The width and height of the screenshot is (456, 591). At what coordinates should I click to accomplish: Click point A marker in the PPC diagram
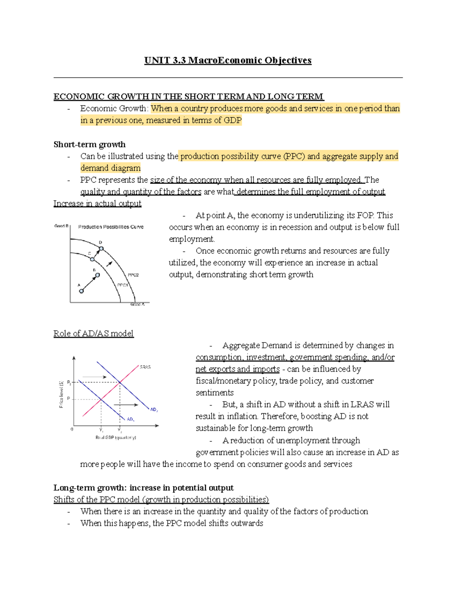point(81,291)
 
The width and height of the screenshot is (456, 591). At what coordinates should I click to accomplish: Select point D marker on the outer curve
point(101,249)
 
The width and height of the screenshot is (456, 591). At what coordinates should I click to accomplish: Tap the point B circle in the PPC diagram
point(98,275)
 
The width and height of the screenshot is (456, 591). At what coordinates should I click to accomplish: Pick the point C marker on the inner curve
point(92,259)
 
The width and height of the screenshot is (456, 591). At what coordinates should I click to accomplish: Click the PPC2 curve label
point(133,275)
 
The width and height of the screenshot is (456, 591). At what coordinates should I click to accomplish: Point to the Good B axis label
point(61,226)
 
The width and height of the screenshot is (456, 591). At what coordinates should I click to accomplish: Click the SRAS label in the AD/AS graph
point(145,367)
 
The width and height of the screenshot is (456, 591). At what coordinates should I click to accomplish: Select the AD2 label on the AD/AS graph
point(154,410)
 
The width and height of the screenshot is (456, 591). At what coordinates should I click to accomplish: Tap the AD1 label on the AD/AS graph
point(130,419)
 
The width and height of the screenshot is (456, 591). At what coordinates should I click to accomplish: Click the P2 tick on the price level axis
point(69,382)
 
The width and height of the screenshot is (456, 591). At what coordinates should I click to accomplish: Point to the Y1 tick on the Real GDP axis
point(101,430)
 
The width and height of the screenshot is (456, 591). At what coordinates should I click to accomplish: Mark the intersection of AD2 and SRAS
point(120,382)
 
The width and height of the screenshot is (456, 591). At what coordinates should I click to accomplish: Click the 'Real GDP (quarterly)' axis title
point(116,438)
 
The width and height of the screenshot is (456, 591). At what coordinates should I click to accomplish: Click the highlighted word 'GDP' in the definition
point(233,121)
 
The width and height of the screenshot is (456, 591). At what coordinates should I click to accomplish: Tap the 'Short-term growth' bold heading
point(89,145)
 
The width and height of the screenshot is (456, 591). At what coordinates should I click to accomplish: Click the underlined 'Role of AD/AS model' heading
point(93,334)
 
